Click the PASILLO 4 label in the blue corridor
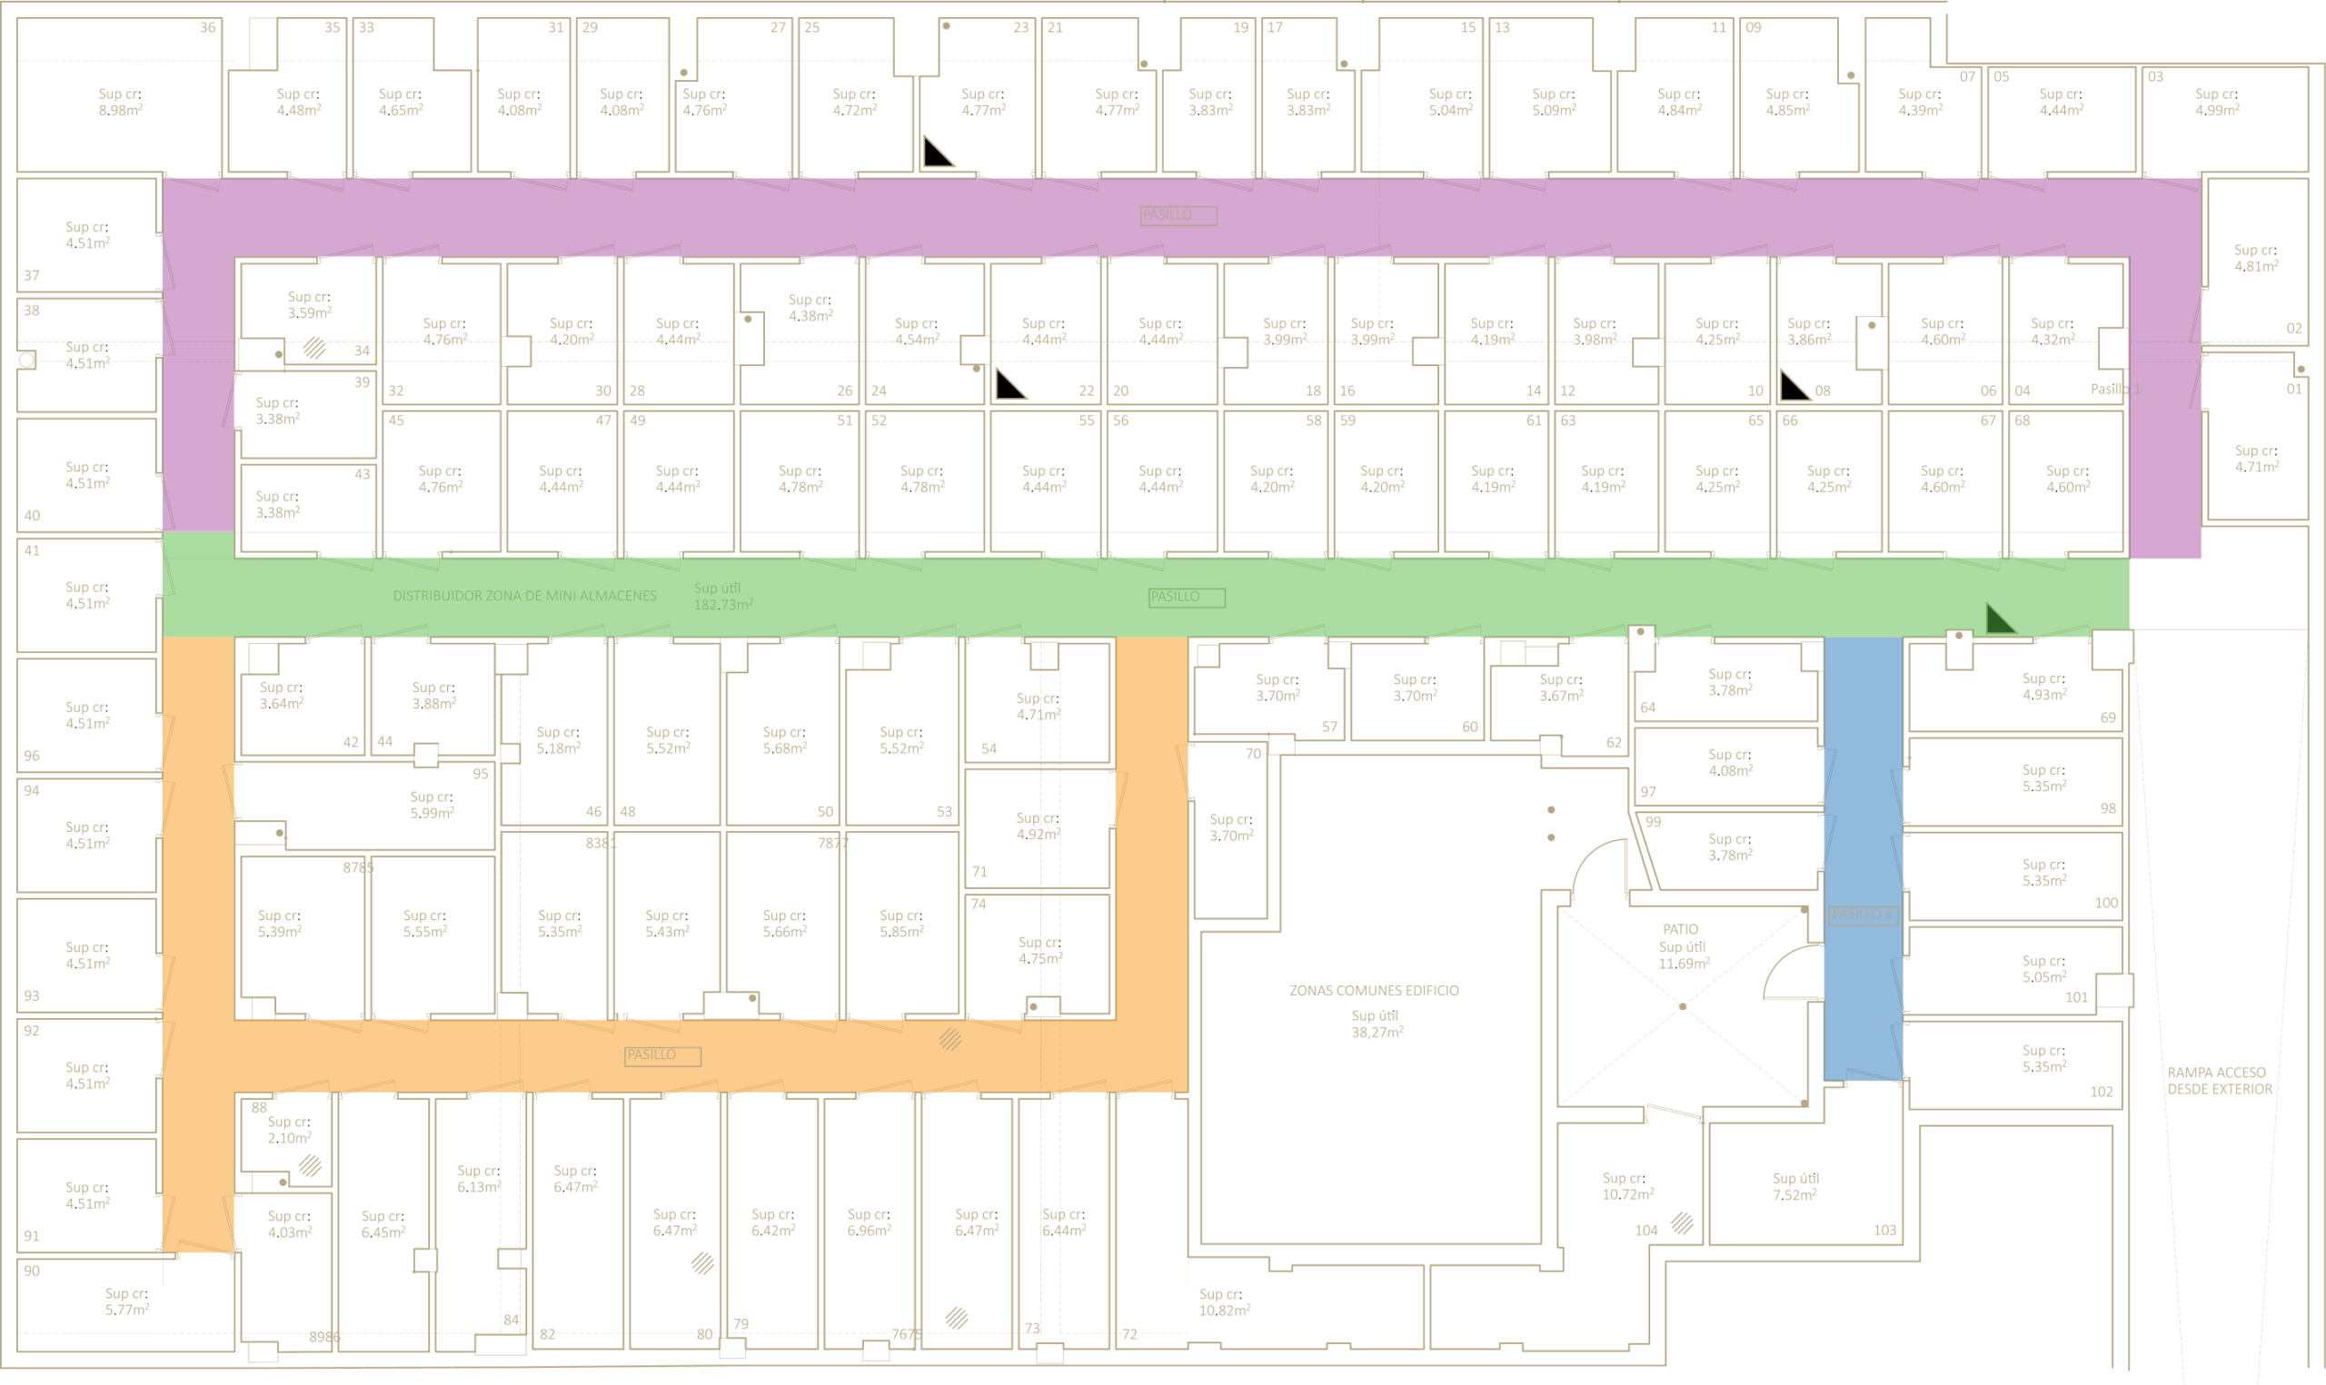pos(1862,915)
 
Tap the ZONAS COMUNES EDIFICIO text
pos(1374,990)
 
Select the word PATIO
pos(1680,930)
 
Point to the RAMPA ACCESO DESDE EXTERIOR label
pos(2220,1081)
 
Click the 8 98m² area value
pos(121,110)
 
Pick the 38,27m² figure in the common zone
pos(1377,1033)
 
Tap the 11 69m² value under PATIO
pos(1684,965)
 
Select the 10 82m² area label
pos(1224,1311)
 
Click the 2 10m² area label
pos(288,1138)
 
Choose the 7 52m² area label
pos(1794,1194)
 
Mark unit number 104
pos(1646,1230)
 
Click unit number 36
pos(208,28)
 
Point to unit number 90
pos(32,1271)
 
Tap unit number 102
pos(2101,1091)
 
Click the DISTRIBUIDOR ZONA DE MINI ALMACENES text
pos(524,596)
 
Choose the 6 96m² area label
pos(868,1230)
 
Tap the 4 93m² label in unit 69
pos(2044,696)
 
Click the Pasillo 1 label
pos(2115,388)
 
